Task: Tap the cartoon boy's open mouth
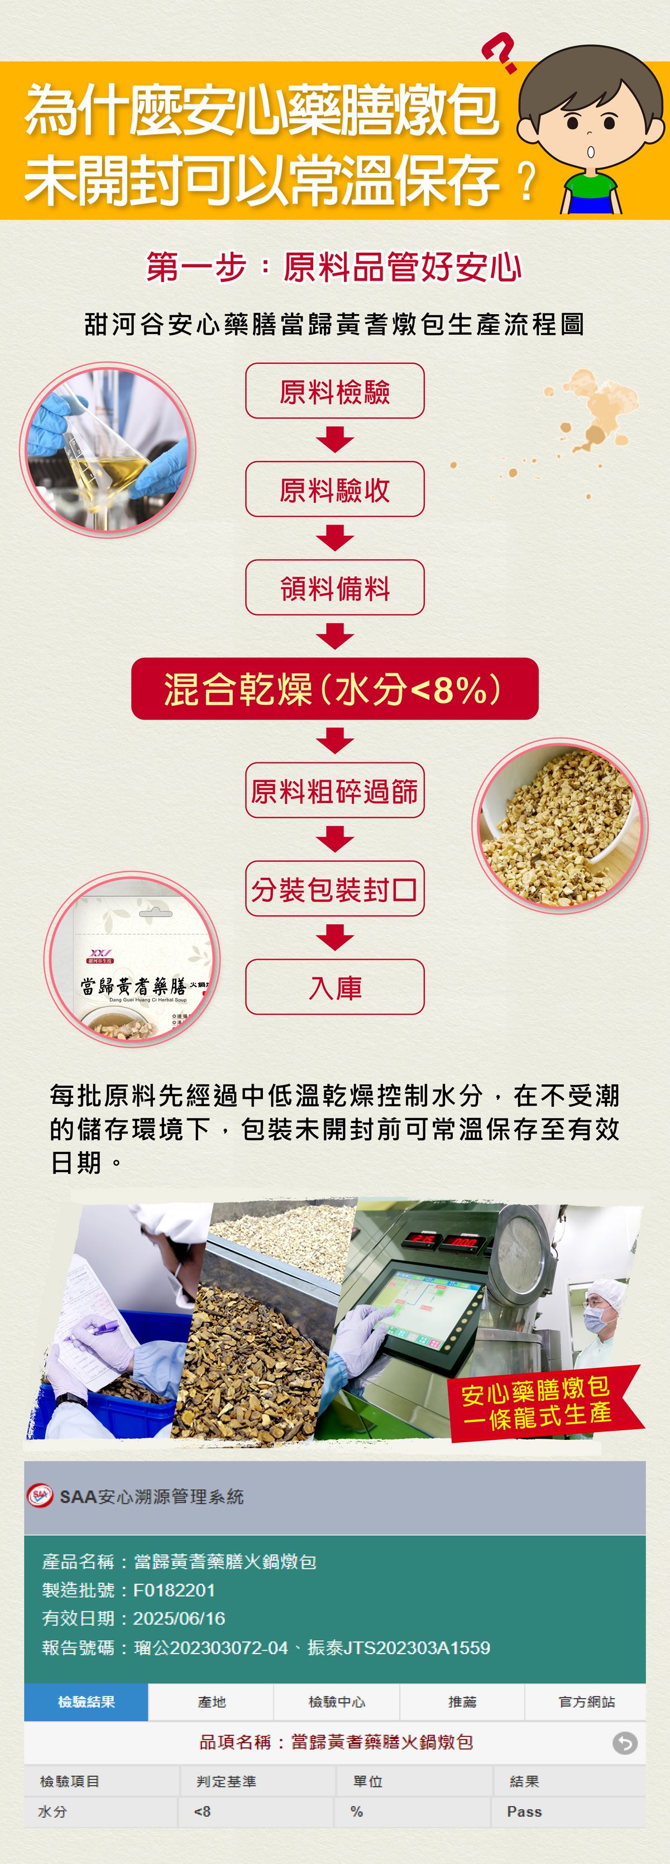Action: pyautogui.click(x=590, y=151)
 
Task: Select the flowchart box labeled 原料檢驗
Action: pyautogui.click(x=335, y=391)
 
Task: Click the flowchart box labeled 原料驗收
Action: pyautogui.click(x=335, y=489)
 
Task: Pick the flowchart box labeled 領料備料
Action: pyautogui.click(x=335, y=588)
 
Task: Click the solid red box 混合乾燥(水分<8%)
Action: pyautogui.click(x=335, y=688)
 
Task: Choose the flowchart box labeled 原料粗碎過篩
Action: pyautogui.click(x=335, y=790)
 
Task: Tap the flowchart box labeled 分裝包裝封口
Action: pyautogui.click(x=335, y=888)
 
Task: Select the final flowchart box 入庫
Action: pyautogui.click(x=335, y=987)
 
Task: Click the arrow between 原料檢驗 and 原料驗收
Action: pyautogui.click(x=335, y=440)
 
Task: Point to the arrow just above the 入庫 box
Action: pyautogui.click(x=335, y=938)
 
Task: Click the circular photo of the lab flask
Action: pyautogui.click(x=108, y=449)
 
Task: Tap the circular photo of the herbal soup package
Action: pyautogui.click(x=132, y=959)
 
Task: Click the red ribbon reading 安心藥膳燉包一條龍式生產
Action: pyautogui.click(x=543, y=1404)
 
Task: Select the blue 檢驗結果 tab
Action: pyautogui.click(x=86, y=1702)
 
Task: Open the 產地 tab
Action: pyautogui.click(x=211, y=1702)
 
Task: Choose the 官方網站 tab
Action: pyautogui.click(x=586, y=1702)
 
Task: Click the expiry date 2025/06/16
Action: pyautogui.click(x=179, y=1618)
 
